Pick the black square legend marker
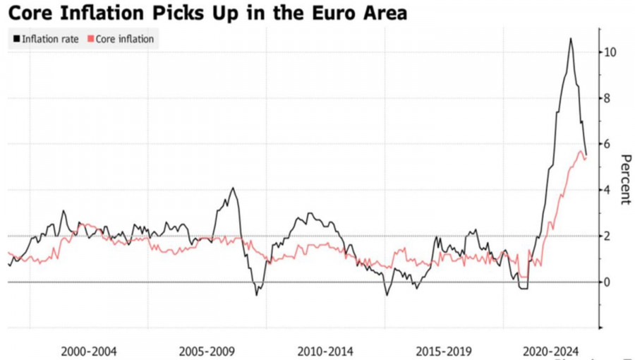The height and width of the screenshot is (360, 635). [16, 40]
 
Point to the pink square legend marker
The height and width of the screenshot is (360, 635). [90, 40]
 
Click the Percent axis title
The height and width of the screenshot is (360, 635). [624, 178]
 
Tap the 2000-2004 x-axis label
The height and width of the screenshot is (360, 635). [89, 351]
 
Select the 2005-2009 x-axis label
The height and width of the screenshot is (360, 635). [207, 351]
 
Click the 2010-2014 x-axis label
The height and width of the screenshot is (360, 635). [325, 351]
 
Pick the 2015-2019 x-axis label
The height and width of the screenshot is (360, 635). [444, 351]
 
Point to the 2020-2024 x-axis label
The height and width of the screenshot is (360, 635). [550, 351]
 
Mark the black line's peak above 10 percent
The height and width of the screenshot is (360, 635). [570, 39]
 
